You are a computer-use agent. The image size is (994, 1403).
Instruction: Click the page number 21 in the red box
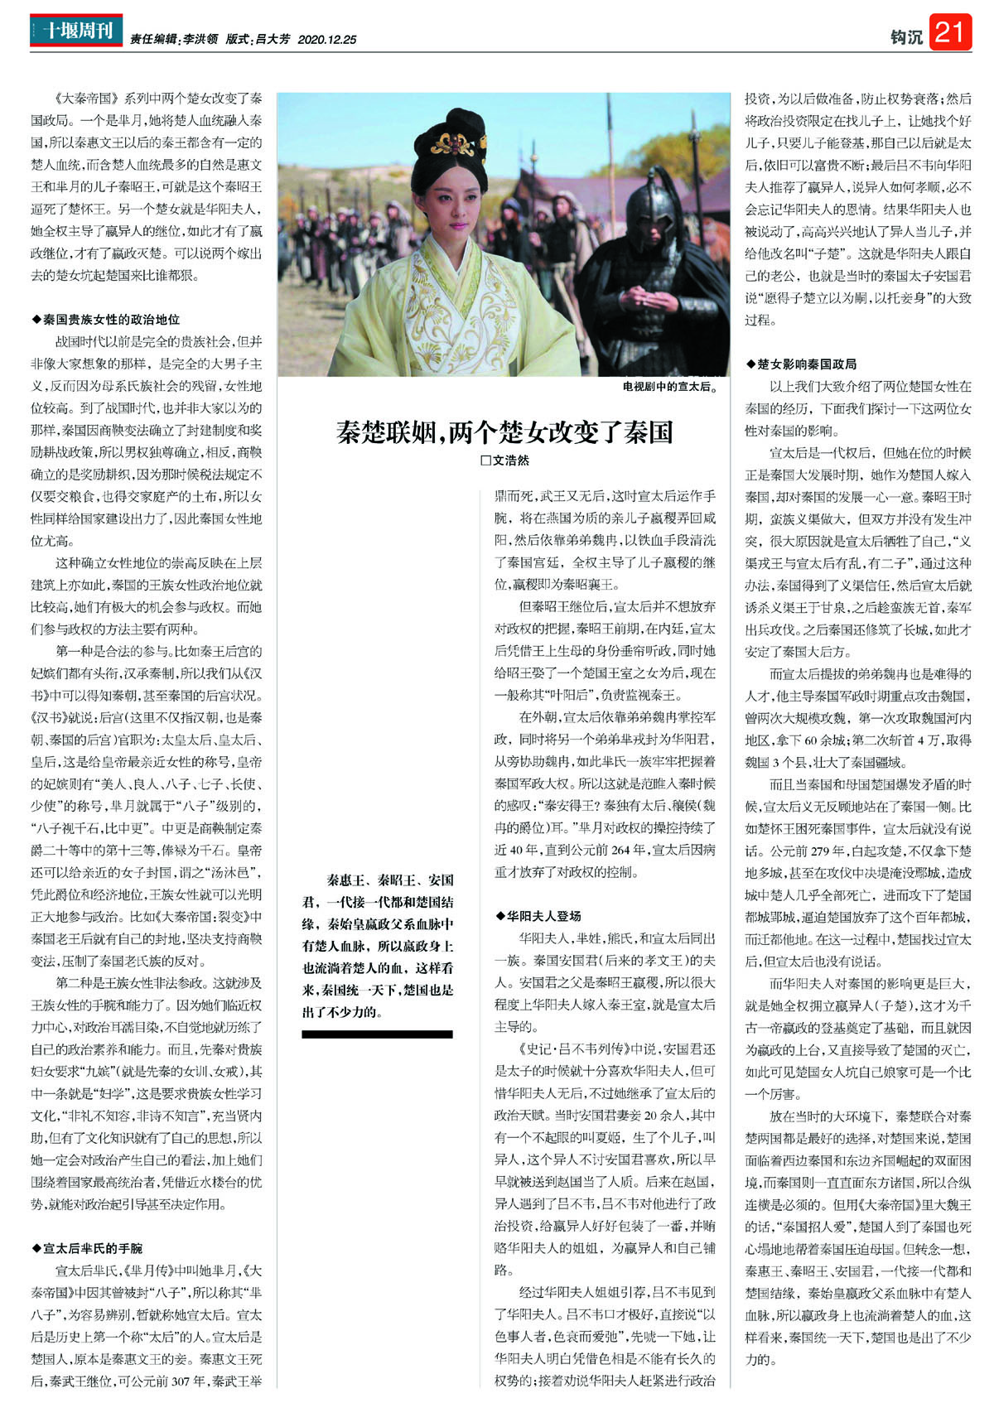949,32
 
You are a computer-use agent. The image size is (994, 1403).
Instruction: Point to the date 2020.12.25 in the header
326,39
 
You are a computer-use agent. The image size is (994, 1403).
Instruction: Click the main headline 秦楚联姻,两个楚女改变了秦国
504,432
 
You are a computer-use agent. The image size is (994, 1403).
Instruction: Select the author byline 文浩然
510,460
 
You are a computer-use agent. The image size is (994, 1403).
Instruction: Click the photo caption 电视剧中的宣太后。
669,386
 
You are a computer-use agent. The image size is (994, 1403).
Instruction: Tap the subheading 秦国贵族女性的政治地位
111,319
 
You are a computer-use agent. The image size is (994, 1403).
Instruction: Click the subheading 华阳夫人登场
544,916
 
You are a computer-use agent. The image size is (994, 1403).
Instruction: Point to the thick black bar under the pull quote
377,1034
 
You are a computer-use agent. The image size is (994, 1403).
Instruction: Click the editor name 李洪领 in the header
200,39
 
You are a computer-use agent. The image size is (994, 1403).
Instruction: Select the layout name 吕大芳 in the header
273,39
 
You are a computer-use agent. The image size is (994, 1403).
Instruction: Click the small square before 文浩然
486,460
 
